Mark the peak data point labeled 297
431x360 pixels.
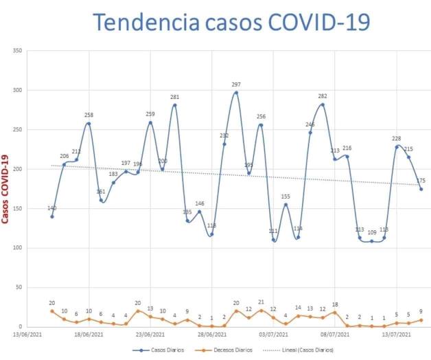(236, 93)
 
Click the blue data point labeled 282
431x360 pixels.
(323, 104)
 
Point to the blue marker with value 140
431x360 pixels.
(52, 216)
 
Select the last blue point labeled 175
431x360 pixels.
(421, 189)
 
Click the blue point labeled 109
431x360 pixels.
(372, 241)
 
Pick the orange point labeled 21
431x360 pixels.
(261, 311)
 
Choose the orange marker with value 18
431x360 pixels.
(335, 313)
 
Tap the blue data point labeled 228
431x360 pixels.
(397, 147)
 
